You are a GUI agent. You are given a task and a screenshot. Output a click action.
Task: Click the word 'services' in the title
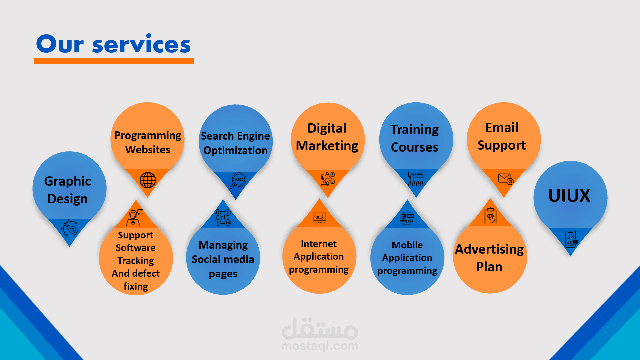point(141,45)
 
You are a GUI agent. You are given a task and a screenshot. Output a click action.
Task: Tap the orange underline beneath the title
point(114,61)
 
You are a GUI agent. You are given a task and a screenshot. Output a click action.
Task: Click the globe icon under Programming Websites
point(148,180)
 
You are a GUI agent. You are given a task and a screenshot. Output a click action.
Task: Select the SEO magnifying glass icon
point(238,180)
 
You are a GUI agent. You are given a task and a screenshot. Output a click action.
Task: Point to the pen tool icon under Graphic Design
point(70,228)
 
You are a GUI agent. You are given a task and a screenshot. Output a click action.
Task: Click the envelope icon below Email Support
point(505,179)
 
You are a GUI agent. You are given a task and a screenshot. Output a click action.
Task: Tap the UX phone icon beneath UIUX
point(571,239)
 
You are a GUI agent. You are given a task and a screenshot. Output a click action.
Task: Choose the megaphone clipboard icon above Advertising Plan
point(490,216)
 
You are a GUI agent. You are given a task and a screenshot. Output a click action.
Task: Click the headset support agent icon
point(135,217)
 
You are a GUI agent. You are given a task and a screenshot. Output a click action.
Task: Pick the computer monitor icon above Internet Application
point(319,218)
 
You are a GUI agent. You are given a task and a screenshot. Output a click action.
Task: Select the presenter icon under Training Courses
point(416,179)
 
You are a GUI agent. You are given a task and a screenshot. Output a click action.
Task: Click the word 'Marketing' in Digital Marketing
point(327,146)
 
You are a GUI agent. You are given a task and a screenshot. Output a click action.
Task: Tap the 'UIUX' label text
point(569,196)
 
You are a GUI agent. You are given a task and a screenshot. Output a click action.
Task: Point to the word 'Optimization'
point(235,150)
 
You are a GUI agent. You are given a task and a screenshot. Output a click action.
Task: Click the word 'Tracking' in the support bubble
point(136,261)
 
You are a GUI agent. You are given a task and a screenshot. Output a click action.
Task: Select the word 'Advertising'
point(489,249)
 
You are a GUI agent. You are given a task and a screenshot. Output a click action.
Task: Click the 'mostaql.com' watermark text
point(320,346)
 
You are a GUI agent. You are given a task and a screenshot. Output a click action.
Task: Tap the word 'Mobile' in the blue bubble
point(407,245)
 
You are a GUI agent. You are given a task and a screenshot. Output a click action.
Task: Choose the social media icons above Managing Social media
point(223,217)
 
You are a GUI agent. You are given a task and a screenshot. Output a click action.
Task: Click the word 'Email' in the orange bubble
point(502,128)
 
